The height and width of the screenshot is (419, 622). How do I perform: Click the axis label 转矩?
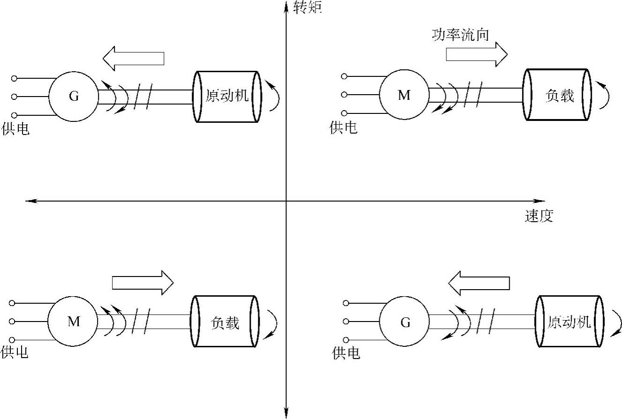[x=307, y=7]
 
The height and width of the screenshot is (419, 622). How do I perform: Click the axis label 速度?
[x=539, y=216]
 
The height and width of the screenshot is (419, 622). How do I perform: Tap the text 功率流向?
[x=461, y=36]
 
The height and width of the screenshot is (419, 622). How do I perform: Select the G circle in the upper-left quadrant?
[x=74, y=97]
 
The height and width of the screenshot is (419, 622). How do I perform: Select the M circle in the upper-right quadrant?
[x=404, y=95]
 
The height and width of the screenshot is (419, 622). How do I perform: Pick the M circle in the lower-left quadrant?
[x=73, y=322]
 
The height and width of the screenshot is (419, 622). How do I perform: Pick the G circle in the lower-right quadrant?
[x=404, y=322]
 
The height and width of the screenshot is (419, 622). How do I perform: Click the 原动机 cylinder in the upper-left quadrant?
[x=227, y=97]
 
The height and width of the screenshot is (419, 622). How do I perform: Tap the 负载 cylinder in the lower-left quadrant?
[x=225, y=322]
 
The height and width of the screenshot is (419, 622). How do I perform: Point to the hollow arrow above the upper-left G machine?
[x=133, y=58]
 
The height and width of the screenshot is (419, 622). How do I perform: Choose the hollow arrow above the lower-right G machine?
[x=478, y=283]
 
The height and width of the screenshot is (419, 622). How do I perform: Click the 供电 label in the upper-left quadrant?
[x=15, y=129]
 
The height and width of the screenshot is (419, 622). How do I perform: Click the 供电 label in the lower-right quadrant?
[x=346, y=353]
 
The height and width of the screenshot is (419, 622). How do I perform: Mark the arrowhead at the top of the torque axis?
[x=286, y=5]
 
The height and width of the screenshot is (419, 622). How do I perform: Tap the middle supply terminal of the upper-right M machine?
[x=344, y=95]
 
